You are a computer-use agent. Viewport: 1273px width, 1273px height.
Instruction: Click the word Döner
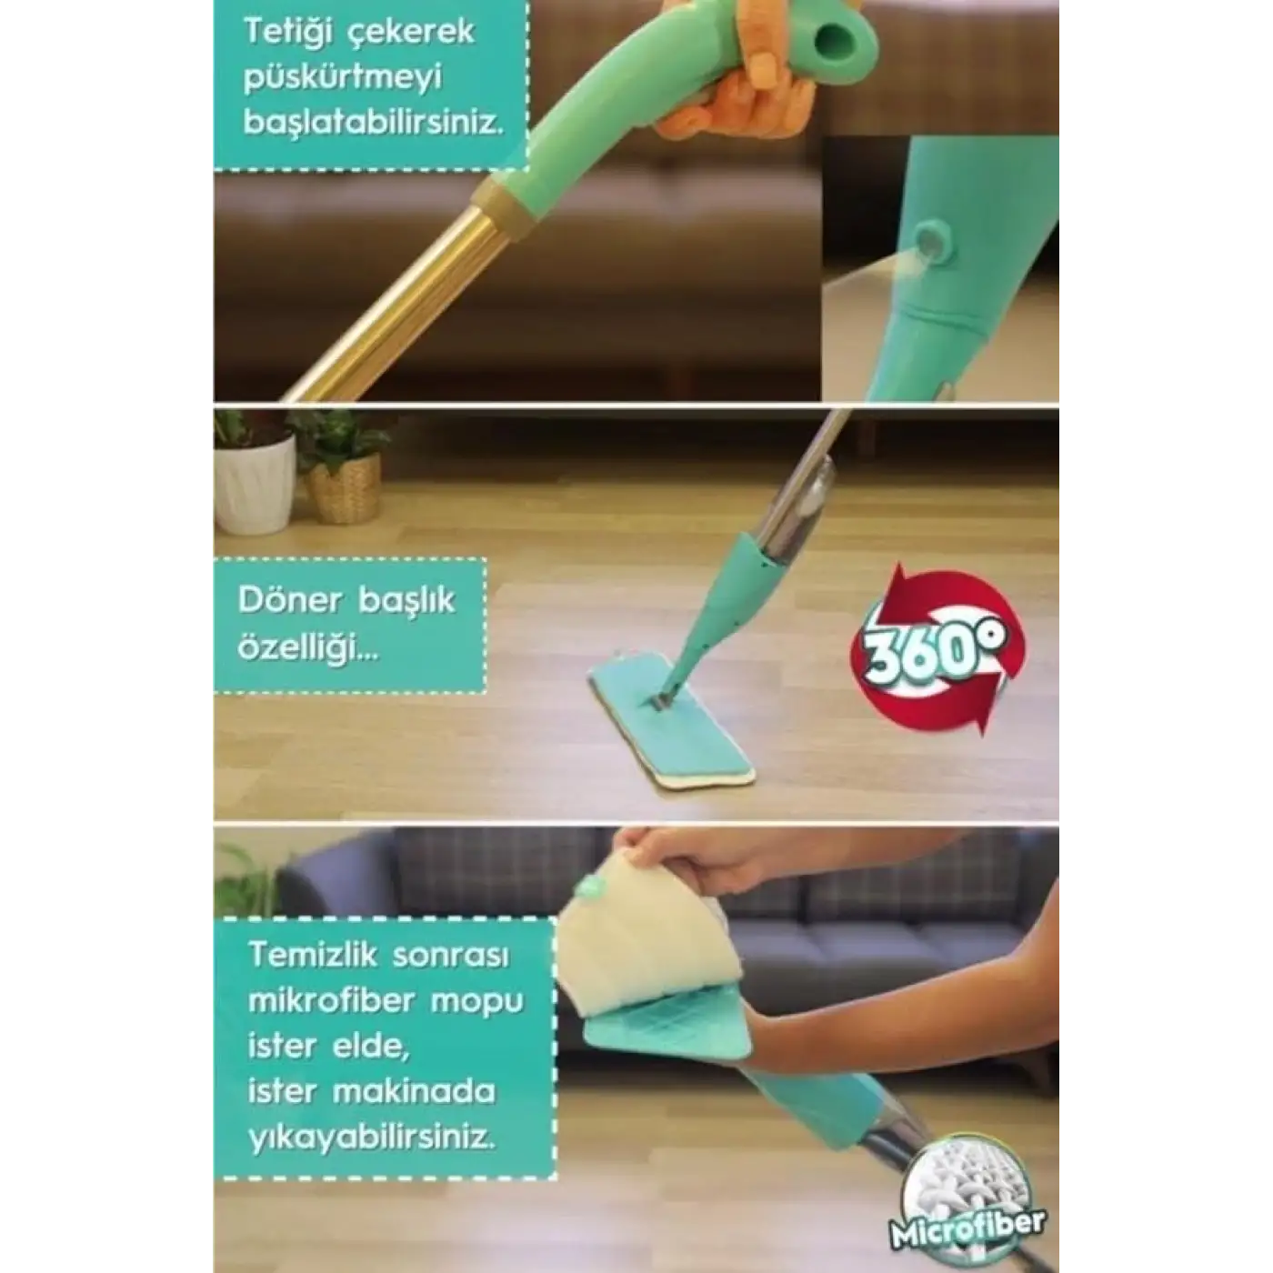(290, 600)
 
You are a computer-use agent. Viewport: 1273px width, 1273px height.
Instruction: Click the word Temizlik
(313, 956)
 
